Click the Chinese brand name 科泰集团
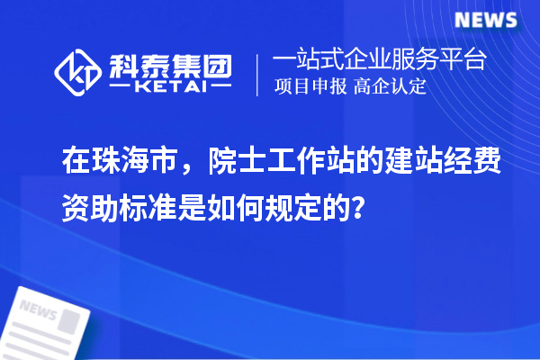(x=170, y=64)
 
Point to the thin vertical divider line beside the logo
(x=259, y=74)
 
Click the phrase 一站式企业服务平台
(x=380, y=61)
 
